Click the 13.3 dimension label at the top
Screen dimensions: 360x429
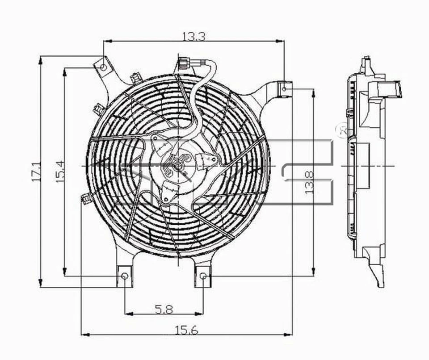pyautogui.click(x=193, y=37)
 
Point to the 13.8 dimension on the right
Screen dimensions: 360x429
pyautogui.click(x=310, y=182)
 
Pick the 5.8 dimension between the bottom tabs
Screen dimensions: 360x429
pyautogui.click(x=164, y=309)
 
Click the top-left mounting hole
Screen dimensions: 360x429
pyautogui.click(x=103, y=67)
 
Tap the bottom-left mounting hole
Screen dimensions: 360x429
pyautogui.click(x=125, y=276)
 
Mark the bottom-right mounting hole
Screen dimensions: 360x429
pyautogui.click(x=203, y=276)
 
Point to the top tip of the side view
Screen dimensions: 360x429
pyautogui.click(x=367, y=59)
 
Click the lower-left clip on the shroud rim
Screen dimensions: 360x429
pyautogui.click(x=85, y=198)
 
